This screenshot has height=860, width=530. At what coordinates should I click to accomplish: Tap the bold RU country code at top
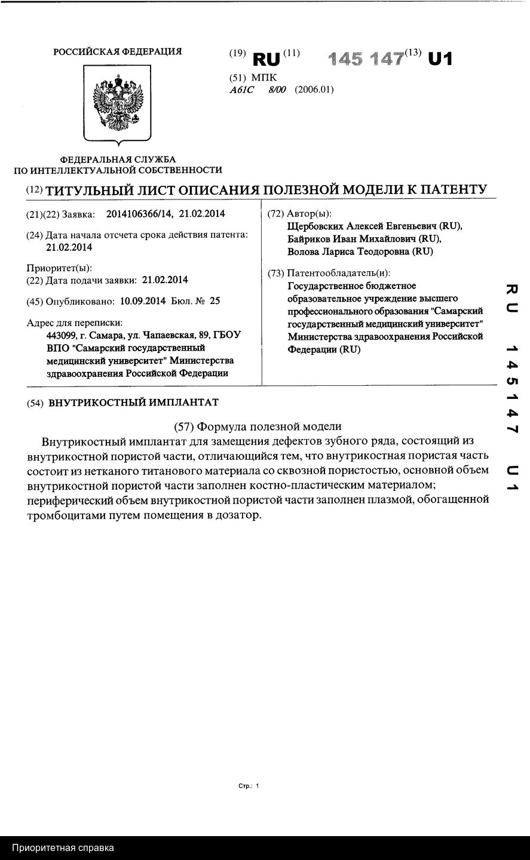coord(266,59)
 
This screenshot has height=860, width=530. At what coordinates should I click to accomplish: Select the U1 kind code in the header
coord(440,59)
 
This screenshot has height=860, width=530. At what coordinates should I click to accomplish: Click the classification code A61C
coord(241,90)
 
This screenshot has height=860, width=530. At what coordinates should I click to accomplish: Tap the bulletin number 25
coord(215,301)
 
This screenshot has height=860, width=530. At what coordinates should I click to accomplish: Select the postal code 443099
coord(59,335)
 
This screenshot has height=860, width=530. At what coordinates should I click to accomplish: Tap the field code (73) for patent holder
coord(275,274)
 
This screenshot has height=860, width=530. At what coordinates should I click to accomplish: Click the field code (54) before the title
coord(35,403)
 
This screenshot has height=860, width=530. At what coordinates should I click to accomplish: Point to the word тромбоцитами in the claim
coord(62,515)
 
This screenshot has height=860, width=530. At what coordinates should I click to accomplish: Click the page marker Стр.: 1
coord(249,787)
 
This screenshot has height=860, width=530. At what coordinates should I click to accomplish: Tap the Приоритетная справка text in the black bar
coord(63,847)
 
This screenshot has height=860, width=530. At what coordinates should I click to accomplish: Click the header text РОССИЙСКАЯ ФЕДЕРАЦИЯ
coord(118,52)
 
